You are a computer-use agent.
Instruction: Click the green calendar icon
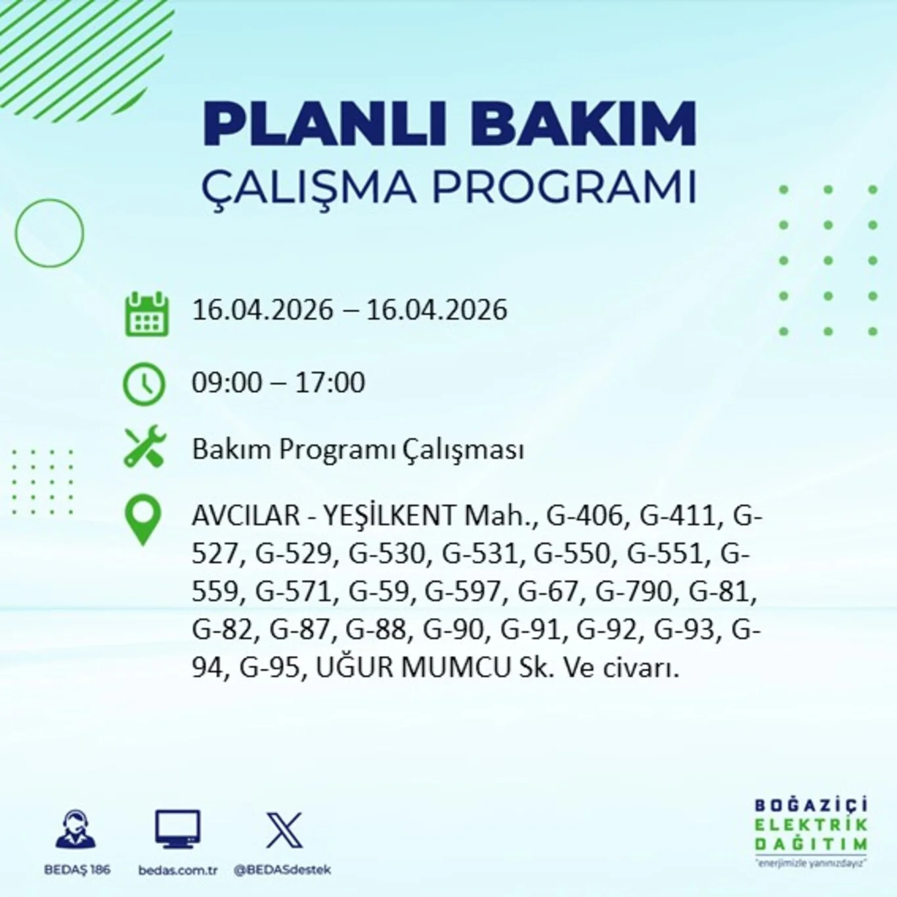click(x=146, y=315)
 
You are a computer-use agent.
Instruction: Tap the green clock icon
click(x=144, y=383)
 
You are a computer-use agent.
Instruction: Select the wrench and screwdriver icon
click(x=145, y=447)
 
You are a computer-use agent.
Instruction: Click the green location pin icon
click(x=143, y=519)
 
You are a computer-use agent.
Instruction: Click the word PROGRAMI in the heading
click(x=563, y=187)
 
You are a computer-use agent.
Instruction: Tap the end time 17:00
click(x=330, y=383)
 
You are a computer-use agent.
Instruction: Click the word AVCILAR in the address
click(x=246, y=515)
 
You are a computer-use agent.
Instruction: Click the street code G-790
click(x=634, y=592)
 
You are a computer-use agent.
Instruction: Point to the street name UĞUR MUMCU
click(x=413, y=668)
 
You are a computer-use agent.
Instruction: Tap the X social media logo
click(x=284, y=830)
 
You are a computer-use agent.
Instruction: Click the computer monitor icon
click(x=177, y=829)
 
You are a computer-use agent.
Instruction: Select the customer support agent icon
click(x=76, y=829)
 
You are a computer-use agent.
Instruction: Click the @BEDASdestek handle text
click(x=282, y=869)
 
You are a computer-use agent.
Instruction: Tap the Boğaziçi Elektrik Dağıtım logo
click(x=810, y=831)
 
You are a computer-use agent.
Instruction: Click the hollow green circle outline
click(x=49, y=233)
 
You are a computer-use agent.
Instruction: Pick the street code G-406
click(x=584, y=515)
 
